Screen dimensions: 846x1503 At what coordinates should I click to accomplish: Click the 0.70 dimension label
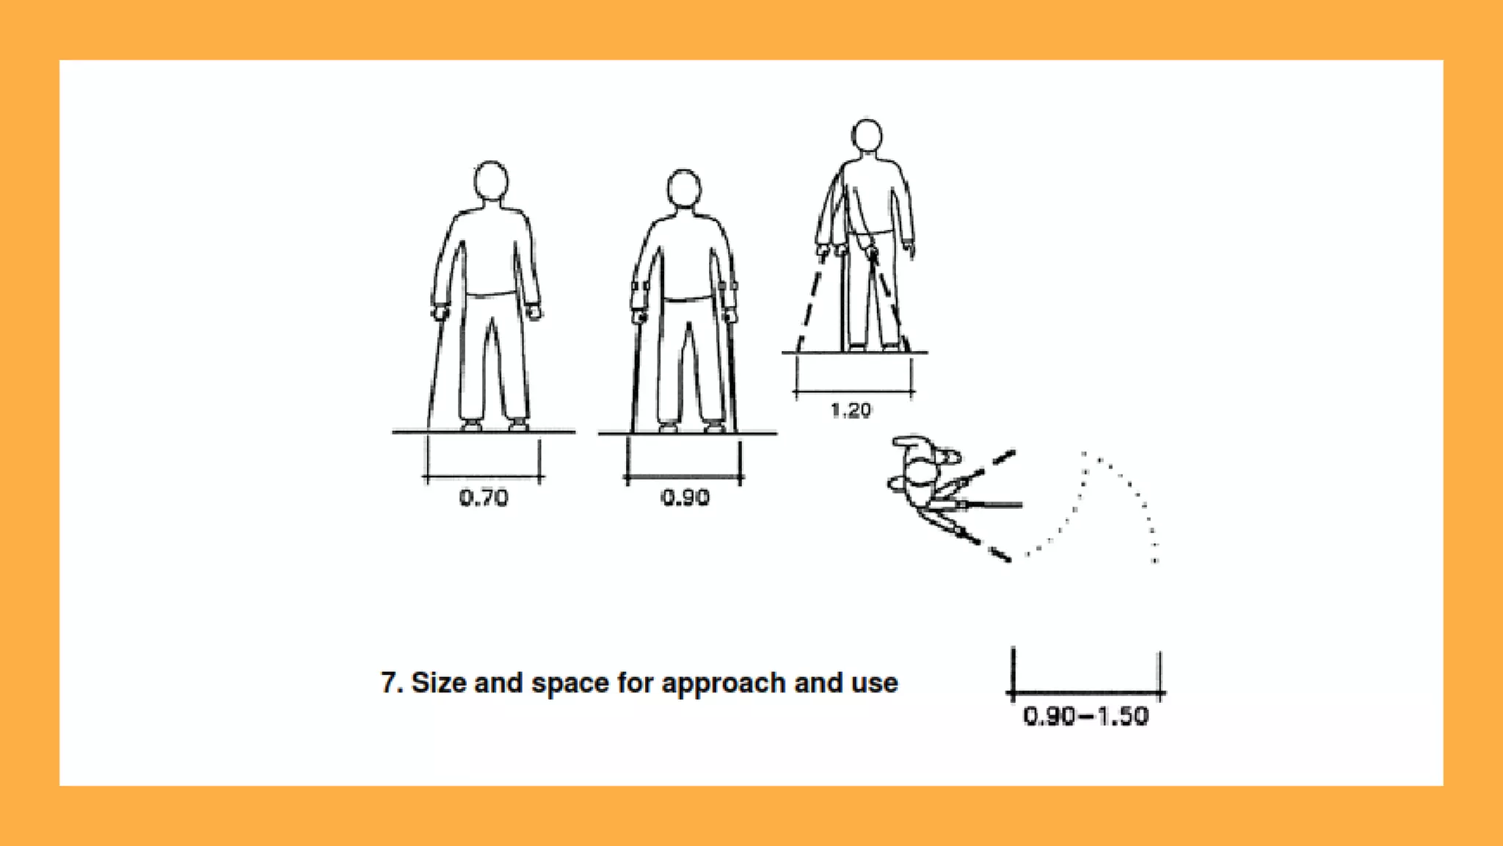(484, 498)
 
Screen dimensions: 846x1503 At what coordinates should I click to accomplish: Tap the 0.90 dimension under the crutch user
(685, 498)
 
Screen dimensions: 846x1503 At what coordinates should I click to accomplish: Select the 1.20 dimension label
(851, 411)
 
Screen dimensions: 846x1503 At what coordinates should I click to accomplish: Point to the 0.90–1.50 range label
(1085, 716)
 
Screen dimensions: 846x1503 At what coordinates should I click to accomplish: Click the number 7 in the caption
(389, 683)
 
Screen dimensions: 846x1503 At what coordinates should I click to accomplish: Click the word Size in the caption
(437, 683)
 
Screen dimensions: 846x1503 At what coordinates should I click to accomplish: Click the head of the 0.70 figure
(491, 180)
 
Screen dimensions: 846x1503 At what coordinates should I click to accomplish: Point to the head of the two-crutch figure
(684, 188)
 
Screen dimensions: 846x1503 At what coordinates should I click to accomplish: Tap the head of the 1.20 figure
(867, 136)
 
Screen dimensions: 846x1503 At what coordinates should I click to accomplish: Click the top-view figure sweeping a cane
(921, 481)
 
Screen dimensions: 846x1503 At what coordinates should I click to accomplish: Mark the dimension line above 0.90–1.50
(1085, 693)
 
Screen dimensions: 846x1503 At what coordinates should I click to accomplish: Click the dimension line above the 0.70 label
(483, 478)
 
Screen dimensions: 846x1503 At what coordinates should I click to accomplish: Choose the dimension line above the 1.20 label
(854, 394)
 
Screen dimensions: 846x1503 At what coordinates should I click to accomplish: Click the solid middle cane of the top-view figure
(991, 505)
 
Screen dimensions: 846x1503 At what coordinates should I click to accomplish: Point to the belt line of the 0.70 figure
(491, 294)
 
